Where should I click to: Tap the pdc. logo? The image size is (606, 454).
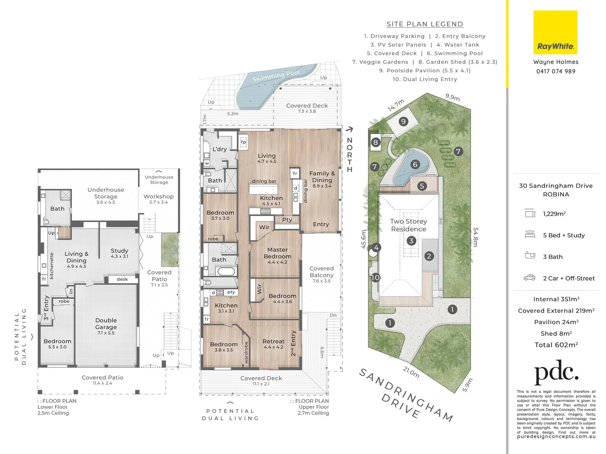556,372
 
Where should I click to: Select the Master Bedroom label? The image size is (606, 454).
277,253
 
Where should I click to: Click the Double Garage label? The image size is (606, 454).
106,324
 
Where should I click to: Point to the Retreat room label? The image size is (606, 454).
273,341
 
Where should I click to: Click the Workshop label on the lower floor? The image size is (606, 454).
159,196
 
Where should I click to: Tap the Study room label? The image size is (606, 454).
119,251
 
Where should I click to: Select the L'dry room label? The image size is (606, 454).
220,149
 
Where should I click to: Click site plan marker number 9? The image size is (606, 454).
403,121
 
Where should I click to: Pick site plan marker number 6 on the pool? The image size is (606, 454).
415,164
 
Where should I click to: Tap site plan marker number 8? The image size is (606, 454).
376,142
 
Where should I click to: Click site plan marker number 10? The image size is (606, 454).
376,277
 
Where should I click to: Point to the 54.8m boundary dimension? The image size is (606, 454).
476,237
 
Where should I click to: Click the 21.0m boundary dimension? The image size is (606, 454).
411,372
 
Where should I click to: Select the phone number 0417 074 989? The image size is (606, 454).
556,71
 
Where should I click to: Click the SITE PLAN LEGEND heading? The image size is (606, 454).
425,24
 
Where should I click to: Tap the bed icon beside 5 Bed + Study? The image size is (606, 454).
530,235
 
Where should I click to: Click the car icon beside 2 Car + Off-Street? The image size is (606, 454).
529,278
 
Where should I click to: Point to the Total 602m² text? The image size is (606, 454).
556,345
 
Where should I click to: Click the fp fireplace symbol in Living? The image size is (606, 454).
243,142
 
